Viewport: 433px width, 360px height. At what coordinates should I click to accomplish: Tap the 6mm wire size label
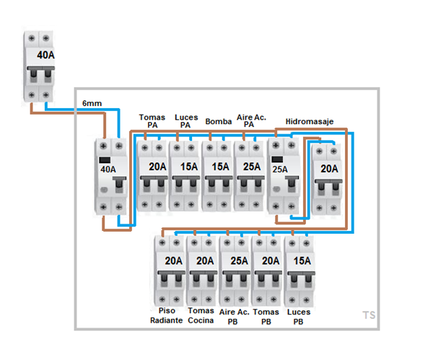92,104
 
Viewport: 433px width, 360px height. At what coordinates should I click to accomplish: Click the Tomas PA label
152,120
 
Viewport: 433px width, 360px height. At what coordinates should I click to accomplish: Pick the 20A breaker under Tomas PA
152,175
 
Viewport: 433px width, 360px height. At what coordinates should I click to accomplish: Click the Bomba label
218,121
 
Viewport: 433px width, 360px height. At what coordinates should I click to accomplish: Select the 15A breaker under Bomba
217,175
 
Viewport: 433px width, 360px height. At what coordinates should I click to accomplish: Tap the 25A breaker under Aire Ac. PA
250,175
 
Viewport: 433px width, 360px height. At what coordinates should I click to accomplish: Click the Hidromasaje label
309,121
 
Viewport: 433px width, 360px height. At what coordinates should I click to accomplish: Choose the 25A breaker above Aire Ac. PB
235,270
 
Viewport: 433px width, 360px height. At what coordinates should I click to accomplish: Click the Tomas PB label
266,315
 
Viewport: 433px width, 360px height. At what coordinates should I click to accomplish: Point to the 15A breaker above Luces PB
299,270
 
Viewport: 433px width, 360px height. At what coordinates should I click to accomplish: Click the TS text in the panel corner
369,315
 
